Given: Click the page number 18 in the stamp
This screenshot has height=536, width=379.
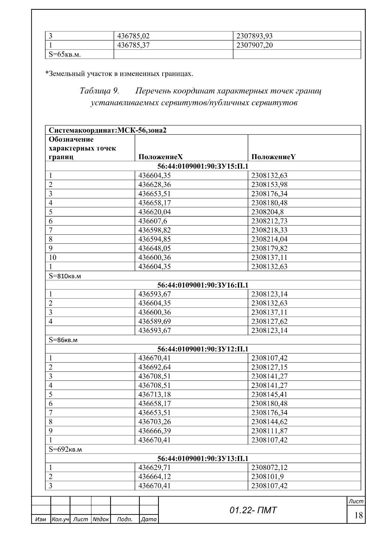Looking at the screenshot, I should [358, 515].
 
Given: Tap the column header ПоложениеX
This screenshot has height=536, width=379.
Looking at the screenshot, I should [160, 157].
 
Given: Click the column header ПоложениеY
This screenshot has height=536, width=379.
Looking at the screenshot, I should [274, 157].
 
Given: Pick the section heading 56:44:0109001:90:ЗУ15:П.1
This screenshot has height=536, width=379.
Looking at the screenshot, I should [203, 166].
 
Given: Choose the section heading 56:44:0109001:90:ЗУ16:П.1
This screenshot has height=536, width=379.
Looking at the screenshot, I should [203, 285].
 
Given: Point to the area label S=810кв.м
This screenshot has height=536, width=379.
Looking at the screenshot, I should [65, 276].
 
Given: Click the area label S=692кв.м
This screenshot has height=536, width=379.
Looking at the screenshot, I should [65, 449].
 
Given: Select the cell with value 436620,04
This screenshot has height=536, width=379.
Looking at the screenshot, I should [154, 212].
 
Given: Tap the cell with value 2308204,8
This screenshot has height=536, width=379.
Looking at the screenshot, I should [267, 212].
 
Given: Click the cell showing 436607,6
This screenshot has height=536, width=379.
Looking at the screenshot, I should [152, 221].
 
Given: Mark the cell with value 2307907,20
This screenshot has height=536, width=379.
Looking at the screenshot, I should [254, 45].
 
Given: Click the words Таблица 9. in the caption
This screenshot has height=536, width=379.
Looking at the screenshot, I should [99, 91].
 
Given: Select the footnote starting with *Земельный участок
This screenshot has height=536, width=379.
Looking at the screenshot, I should [119, 74].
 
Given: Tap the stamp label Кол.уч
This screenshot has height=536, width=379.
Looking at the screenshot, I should [60, 519].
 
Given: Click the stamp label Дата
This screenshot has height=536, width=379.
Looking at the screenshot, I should [148, 519].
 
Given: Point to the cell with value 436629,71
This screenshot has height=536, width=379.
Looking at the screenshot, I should [154, 467].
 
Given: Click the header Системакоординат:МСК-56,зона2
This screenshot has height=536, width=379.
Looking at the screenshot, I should [107, 130].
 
